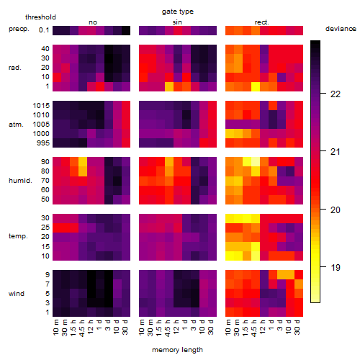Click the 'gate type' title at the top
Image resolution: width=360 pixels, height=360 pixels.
tap(178, 12)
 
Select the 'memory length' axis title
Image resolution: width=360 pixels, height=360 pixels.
tap(177, 350)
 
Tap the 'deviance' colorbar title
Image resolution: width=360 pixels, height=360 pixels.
tap(341, 29)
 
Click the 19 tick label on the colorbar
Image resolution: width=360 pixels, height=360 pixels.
tap(336, 267)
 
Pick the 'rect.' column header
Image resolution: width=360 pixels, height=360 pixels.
tap(261, 22)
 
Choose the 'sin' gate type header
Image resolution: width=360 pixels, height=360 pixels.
tap(177, 22)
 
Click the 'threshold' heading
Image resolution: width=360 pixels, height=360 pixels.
tap(40, 17)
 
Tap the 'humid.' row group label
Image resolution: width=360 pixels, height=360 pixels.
tap(20, 181)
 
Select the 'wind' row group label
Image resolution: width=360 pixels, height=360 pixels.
tap(17, 294)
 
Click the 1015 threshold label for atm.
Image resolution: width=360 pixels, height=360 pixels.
tap(41, 106)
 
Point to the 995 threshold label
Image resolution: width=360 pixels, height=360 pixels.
tap(43, 143)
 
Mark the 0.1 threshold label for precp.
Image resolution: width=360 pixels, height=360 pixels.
tap(44, 30)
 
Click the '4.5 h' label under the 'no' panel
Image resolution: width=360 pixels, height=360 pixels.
tap(82, 328)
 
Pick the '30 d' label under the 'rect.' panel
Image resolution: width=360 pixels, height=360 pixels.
tap(298, 327)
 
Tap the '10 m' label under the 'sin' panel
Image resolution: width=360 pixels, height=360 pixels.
tap(143, 328)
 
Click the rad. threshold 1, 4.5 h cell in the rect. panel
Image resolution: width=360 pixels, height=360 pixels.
tap(256, 86)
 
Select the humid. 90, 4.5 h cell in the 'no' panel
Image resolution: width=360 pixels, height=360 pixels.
tap(83, 162)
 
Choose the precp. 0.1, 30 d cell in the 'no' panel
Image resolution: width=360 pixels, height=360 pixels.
tap(126, 30)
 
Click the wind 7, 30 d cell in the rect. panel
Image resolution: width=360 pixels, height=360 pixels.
tap(299, 284)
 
